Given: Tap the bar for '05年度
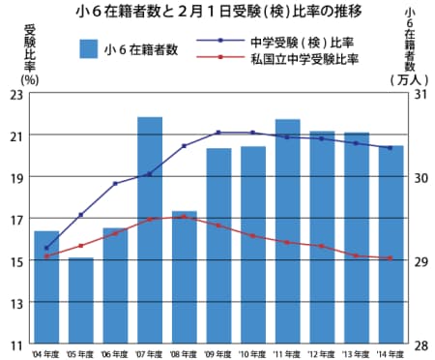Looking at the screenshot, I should (81, 301).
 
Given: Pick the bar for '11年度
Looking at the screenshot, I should (287, 231).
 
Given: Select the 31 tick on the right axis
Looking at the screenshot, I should (418, 94).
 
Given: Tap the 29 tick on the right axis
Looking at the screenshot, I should (418, 261).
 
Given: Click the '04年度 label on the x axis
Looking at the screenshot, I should (45, 354).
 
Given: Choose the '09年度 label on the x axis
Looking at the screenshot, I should (218, 354).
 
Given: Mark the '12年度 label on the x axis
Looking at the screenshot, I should (322, 354).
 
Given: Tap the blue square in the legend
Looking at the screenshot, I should (90, 49).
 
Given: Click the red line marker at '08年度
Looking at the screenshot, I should (185, 217).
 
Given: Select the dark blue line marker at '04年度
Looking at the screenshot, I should (46, 248).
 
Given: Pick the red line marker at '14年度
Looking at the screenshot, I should (391, 258).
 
